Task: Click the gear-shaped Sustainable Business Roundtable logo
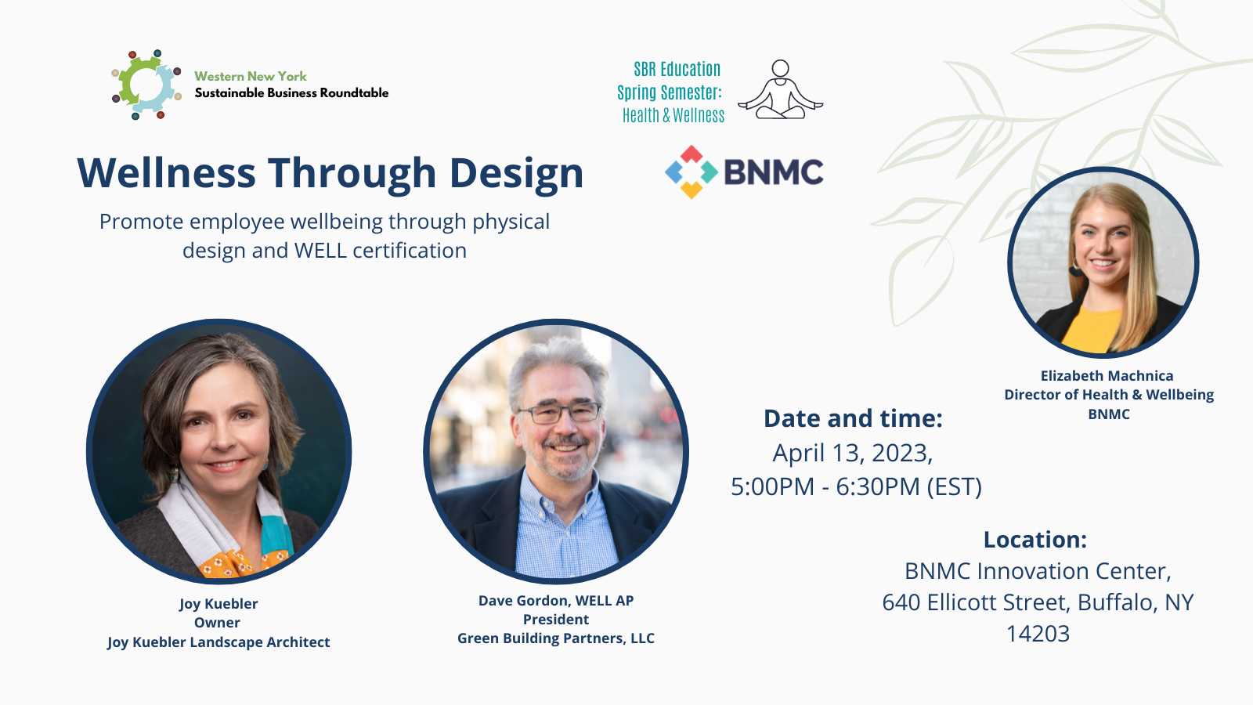146,85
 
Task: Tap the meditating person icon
780,89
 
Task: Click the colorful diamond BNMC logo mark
691,172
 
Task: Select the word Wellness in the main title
166,172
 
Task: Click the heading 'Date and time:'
853,418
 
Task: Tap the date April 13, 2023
853,453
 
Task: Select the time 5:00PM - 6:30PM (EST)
857,486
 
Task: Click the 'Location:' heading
1035,540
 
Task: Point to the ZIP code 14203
1038,634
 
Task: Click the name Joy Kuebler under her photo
218,604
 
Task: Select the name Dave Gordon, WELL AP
556,600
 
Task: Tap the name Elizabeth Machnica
1107,375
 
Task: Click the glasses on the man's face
559,414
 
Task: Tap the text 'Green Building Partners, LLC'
556,638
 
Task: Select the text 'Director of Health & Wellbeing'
1109,395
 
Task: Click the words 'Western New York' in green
251,76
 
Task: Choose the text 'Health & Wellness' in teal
673,115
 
